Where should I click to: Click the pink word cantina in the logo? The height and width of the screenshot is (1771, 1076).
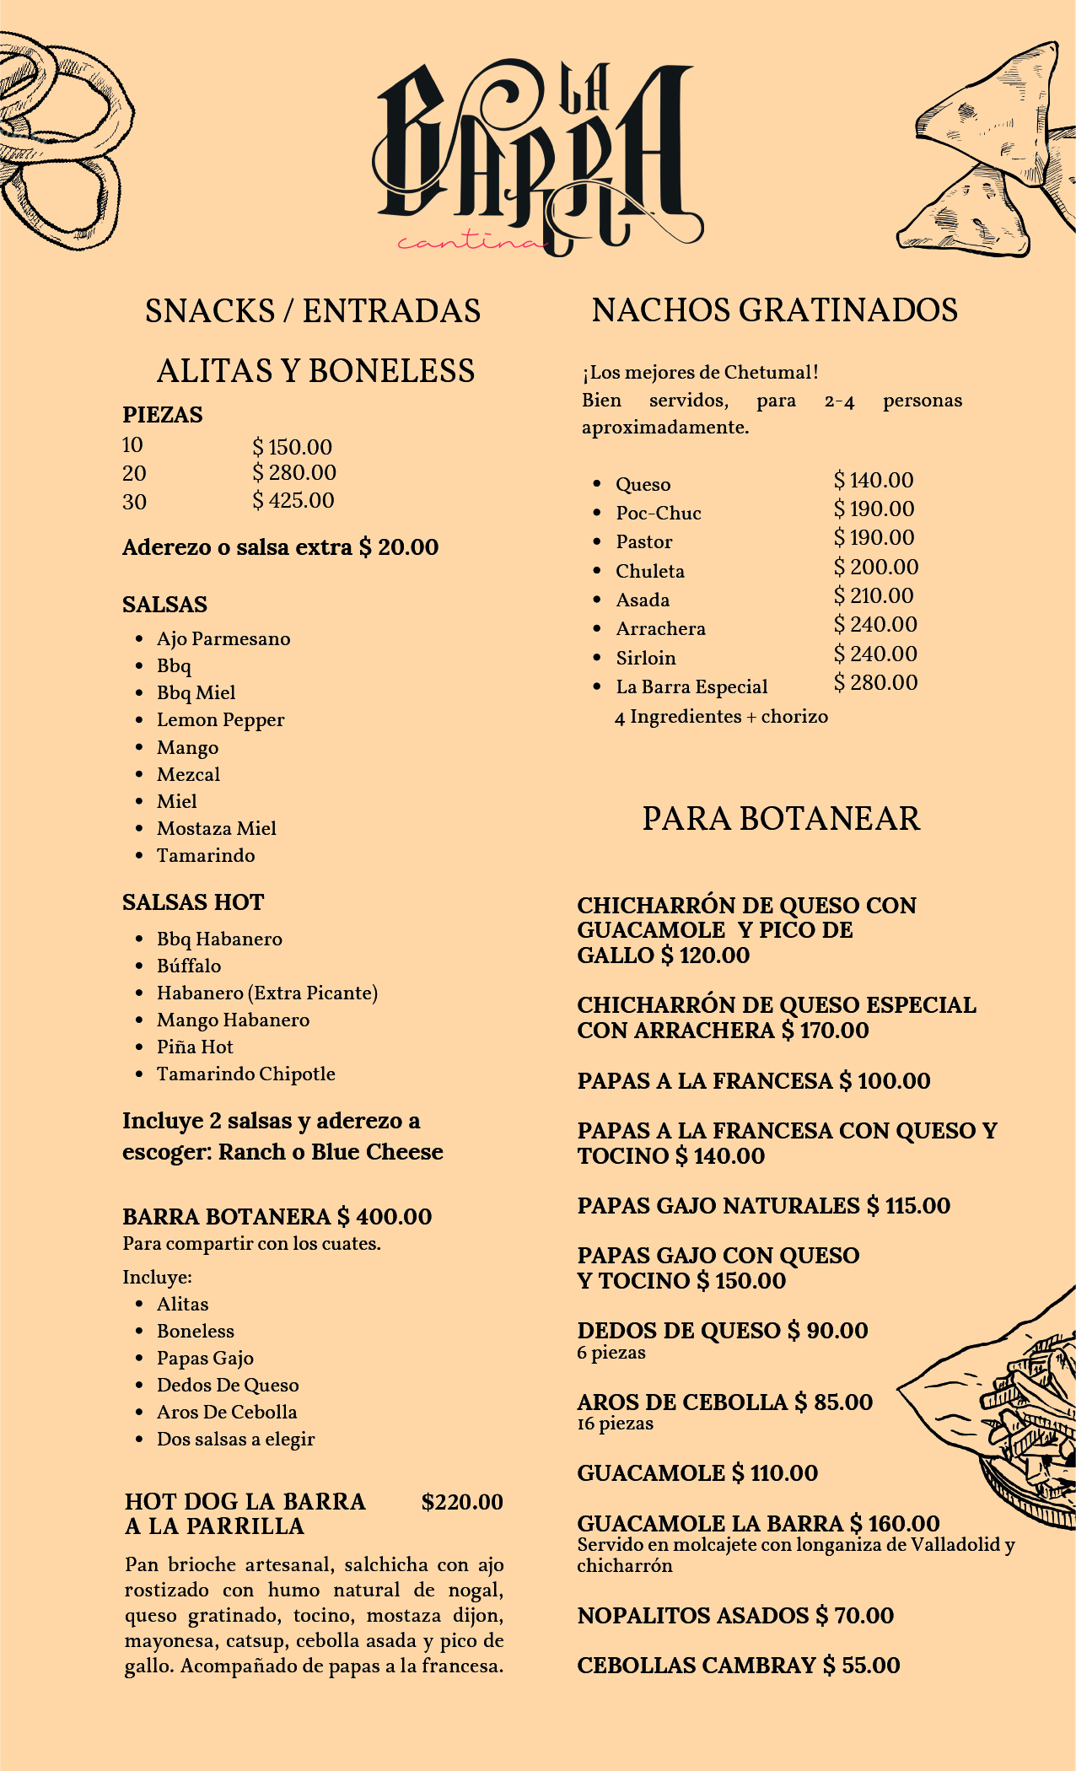click(x=471, y=243)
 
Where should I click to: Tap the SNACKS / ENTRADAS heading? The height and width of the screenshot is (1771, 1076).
click(x=313, y=311)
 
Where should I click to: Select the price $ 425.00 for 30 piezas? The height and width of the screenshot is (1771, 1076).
click(x=293, y=501)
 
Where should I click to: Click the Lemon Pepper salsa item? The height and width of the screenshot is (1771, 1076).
click(x=220, y=720)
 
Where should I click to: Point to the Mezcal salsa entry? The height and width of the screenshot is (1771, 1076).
click(x=188, y=774)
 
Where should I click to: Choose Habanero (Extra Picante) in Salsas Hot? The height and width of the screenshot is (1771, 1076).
click(x=266, y=993)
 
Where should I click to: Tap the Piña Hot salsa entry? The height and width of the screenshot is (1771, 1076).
click(x=195, y=1047)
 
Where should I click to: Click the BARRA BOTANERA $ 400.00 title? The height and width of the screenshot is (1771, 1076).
click(x=277, y=1216)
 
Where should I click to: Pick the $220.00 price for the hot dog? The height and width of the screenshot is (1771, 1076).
click(x=462, y=1502)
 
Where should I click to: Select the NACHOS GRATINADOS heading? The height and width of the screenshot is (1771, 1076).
click(x=774, y=310)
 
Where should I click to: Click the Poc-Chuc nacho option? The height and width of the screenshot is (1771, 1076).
click(x=658, y=513)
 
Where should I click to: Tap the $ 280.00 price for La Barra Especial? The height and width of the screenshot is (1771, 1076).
click(x=875, y=682)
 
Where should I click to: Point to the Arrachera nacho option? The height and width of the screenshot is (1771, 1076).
click(x=660, y=628)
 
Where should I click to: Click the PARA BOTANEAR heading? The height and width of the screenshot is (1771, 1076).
click(x=781, y=819)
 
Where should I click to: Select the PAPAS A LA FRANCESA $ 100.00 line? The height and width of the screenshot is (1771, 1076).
click(x=754, y=1081)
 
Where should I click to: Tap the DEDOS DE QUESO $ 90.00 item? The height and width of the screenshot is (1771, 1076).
click(x=722, y=1331)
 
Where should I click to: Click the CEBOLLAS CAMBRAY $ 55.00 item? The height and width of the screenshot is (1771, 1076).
click(x=738, y=1666)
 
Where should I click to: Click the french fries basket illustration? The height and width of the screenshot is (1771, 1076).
click(x=1012, y=1417)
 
